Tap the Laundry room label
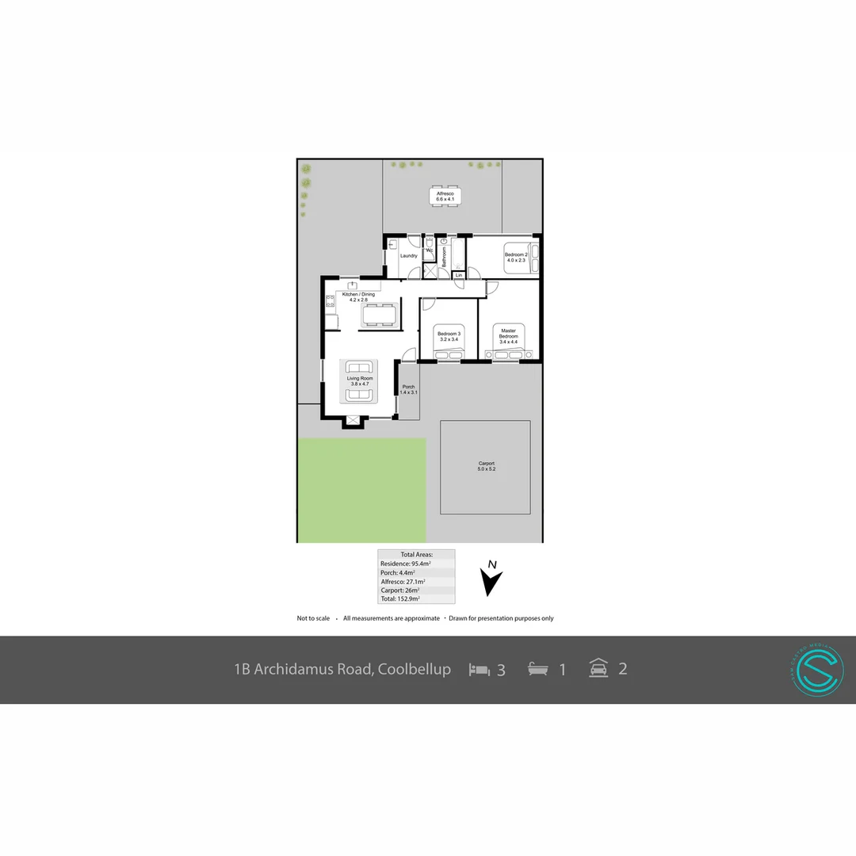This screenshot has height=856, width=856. pos(409,256)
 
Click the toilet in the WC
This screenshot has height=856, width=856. pos(429,245)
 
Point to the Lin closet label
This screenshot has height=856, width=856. pos(459,276)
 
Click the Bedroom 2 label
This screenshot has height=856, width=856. pos(516,257)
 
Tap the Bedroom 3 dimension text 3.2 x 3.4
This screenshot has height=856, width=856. pos(449,339)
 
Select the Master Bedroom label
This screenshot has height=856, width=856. pos(508,333)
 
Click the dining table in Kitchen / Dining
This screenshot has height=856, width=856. pos(380,314)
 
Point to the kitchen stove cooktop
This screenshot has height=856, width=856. pos(329,300)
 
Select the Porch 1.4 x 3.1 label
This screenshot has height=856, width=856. pos(408,389)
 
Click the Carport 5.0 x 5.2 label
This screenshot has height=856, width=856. pos(486,467)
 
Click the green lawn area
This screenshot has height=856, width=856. pos(361,490)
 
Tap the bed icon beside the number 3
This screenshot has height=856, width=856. pos(479,670)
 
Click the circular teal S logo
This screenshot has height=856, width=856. pos(816,671)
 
